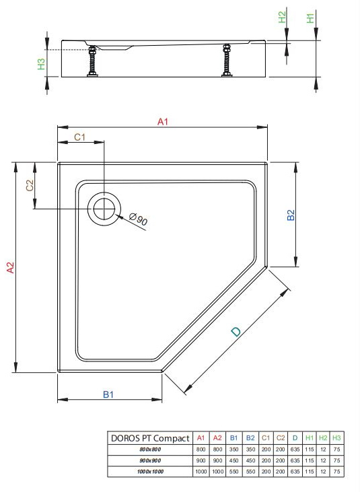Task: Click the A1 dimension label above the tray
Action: point(163,122)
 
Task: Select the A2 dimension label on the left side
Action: point(11,268)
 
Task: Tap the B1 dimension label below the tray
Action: point(108,394)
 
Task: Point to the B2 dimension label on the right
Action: point(291,215)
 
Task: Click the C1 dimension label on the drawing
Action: point(79,137)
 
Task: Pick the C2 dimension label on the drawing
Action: point(30,185)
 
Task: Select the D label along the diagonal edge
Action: point(236,332)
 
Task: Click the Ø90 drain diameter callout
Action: point(139,219)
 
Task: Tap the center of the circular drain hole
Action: point(104,209)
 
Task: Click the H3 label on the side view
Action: point(42,64)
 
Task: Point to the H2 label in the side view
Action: point(283,17)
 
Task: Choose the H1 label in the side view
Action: point(310,18)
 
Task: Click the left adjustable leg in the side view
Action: point(92,61)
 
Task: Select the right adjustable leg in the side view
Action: point(226,61)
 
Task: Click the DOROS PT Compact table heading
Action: point(150,438)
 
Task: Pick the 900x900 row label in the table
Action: point(150,460)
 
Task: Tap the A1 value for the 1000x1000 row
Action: point(201,472)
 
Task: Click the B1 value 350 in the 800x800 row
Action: point(234,450)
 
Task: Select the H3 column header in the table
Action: point(336,438)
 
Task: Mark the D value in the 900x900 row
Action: point(295,460)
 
